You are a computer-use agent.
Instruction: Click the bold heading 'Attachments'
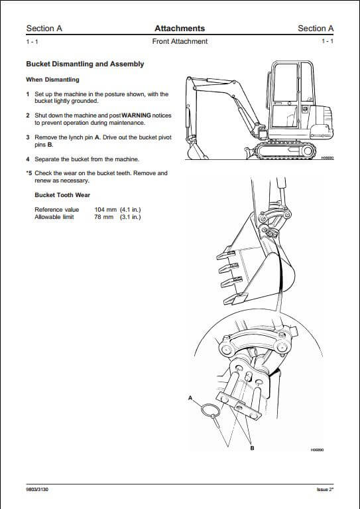(x=180, y=29)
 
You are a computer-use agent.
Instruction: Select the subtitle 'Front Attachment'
(x=180, y=41)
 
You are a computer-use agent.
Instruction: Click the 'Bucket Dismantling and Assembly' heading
(x=85, y=64)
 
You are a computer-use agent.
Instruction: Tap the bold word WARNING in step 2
(x=136, y=115)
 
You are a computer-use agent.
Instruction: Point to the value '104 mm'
(x=105, y=210)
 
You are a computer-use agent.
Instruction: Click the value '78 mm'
(x=104, y=217)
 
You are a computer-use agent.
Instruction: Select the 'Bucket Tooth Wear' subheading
(x=62, y=195)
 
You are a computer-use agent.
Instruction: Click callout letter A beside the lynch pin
(x=190, y=398)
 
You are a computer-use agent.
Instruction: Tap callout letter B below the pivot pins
(x=253, y=448)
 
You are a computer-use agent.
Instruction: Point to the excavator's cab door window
(x=285, y=82)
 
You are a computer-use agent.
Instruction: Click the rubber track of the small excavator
(x=285, y=151)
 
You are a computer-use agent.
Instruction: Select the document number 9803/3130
(x=37, y=489)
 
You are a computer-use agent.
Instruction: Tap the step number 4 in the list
(x=28, y=159)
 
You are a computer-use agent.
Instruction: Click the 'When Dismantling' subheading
(x=52, y=80)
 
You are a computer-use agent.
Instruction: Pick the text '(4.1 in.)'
(x=131, y=210)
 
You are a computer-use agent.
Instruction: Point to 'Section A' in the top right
(x=316, y=29)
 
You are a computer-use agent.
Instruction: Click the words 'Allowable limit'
(x=54, y=217)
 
